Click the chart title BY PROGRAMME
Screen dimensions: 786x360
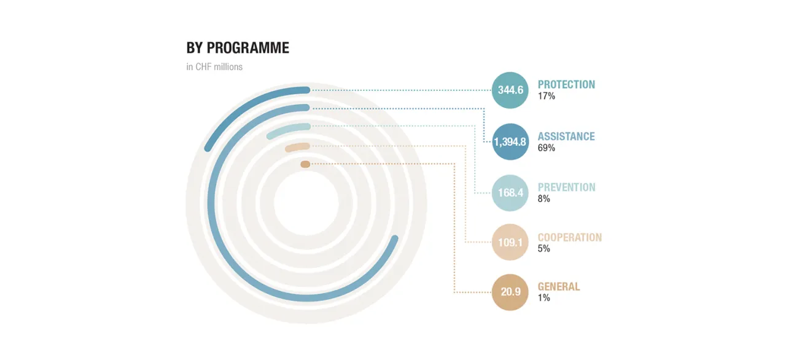tap(238, 48)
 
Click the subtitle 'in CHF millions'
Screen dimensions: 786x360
tap(214, 67)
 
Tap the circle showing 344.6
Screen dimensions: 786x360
tap(510, 90)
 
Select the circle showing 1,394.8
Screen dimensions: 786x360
tap(510, 142)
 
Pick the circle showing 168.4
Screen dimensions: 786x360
tap(510, 193)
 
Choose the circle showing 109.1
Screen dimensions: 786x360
tap(510, 242)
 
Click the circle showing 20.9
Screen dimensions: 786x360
tap(510, 292)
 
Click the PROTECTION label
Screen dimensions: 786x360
tap(566, 85)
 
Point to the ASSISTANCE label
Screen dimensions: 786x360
tap(566, 136)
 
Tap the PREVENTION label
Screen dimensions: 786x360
tap(567, 187)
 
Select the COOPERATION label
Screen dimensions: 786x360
tap(570, 238)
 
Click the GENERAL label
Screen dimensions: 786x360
tap(559, 287)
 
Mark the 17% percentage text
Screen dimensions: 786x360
tap(547, 96)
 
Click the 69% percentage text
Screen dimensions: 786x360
tap(547, 147)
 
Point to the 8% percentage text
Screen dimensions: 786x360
tap(544, 199)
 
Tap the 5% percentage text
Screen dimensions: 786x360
tap(544, 249)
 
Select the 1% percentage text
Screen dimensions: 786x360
tap(544, 298)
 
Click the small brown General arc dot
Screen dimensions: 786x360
tap(305, 164)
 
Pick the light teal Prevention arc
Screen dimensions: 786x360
tap(288, 130)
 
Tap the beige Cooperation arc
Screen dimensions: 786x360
tap(297, 147)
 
